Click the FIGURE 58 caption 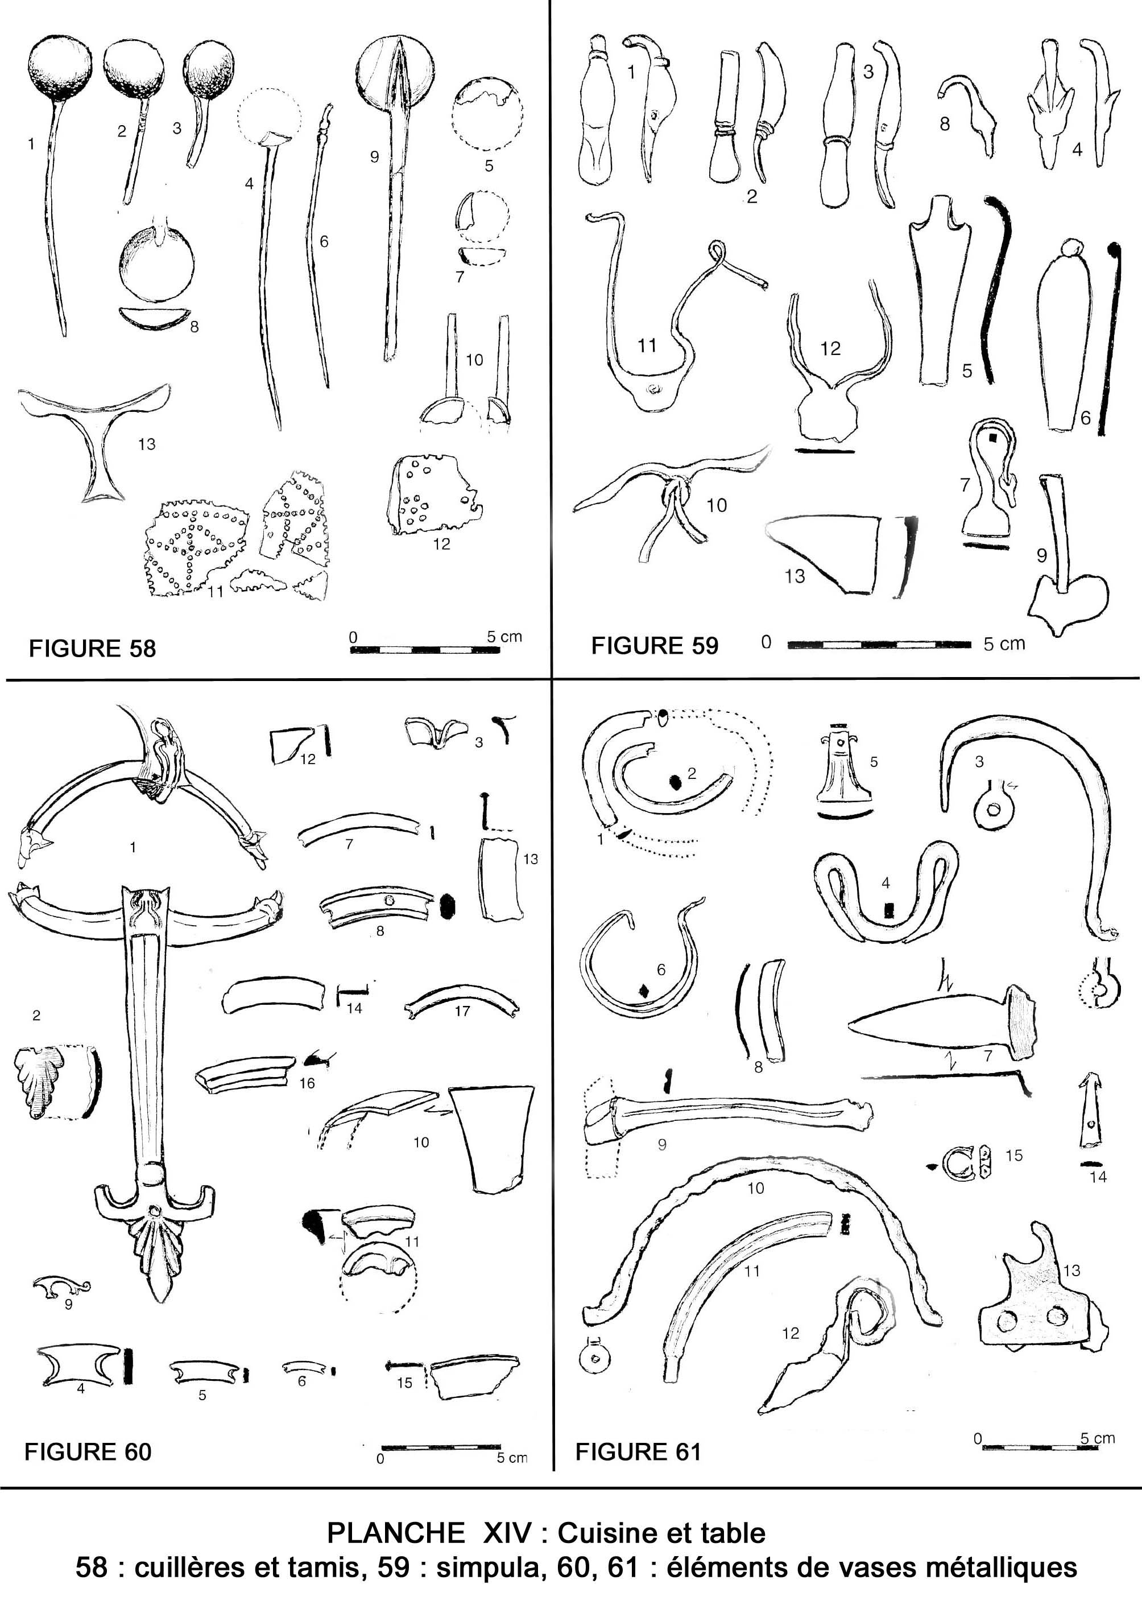tap(92, 648)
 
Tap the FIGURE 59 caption tap(655, 645)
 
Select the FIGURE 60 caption tap(88, 1452)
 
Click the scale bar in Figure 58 tap(425, 649)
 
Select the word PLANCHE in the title tap(396, 1533)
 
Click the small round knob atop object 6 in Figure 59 tap(1071, 248)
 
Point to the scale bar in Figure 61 tap(1038, 1446)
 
